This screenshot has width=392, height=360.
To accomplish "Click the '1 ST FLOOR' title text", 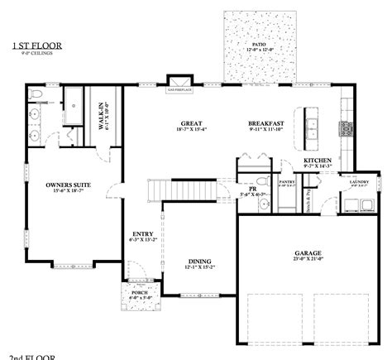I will (x=36, y=46).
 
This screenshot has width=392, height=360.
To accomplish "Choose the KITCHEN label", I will (x=317, y=161).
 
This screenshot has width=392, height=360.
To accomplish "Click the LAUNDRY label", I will (x=361, y=183).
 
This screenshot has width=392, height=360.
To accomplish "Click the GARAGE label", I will (x=307, y=253).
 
